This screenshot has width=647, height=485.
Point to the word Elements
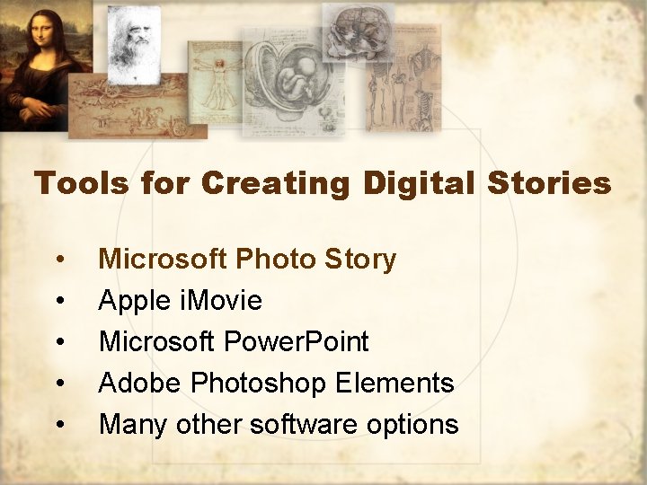[394, 384]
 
